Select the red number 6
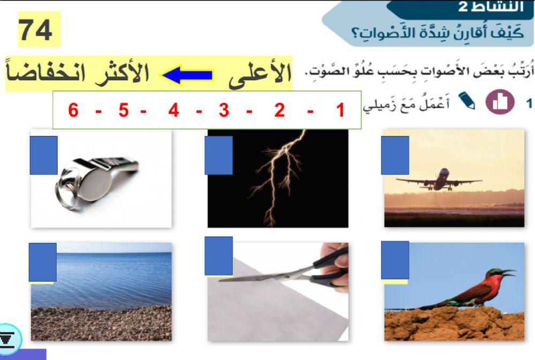click(x=73, y=111)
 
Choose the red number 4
click(x=173, y=111)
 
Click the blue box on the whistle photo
click(x=43, y=155)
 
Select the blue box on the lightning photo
click(x=218, y=155)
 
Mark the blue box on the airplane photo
click(x=395, y=155)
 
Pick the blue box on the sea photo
click(x=42, y=262)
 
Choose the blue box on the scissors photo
click(x=218, y=256)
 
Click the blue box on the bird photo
click(x=395, y=260)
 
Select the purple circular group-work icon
click(x=500, y=103)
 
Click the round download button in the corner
click(x=9, y=339)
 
